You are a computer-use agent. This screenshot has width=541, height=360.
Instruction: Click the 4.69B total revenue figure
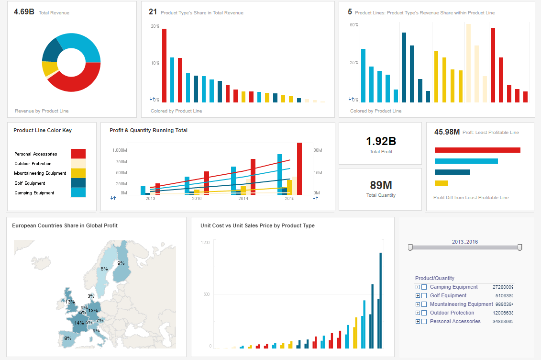24,11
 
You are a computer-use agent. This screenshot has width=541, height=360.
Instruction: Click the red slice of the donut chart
77,81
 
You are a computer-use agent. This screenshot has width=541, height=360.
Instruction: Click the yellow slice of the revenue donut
48,68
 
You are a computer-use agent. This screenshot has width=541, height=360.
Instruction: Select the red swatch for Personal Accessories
78,154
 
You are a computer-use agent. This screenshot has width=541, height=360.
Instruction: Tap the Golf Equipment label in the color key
30,183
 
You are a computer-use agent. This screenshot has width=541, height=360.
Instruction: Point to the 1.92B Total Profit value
381,141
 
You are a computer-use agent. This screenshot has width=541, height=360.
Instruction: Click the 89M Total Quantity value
381,185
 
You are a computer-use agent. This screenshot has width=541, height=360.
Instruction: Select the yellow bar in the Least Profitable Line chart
441,183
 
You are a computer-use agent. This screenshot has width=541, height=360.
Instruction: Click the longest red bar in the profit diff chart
477,150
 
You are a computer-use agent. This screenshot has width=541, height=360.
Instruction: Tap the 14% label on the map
79,323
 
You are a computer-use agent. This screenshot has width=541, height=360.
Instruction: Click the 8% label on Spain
67,338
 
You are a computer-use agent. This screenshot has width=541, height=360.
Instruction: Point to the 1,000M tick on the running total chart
119,150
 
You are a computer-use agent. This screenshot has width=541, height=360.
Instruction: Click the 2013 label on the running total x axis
150,198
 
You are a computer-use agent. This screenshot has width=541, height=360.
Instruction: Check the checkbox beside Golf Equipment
424,296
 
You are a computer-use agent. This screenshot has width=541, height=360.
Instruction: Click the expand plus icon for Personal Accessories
418,322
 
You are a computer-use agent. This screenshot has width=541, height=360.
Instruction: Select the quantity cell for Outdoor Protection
503,313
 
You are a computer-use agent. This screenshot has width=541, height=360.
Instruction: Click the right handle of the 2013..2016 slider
519,247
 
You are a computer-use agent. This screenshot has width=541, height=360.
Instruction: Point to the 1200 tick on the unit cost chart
205,243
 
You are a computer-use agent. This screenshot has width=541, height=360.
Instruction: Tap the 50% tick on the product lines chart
354,25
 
